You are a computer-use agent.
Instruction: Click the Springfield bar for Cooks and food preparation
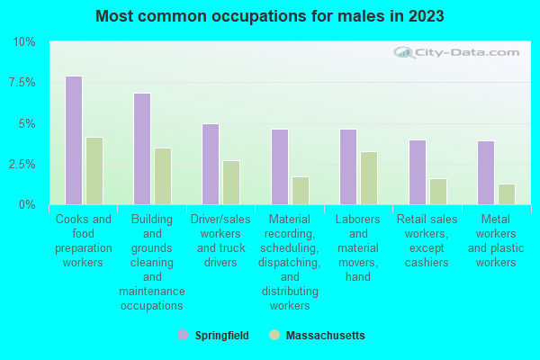74,140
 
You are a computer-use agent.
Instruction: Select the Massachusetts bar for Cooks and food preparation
94,171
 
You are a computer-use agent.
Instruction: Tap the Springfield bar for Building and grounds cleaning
142,148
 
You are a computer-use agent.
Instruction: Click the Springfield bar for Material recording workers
280,166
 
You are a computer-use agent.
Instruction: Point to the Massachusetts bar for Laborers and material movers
369,178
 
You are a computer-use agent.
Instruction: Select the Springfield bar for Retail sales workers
418,172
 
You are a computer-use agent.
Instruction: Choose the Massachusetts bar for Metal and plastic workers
507,194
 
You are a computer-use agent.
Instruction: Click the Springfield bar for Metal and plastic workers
486,173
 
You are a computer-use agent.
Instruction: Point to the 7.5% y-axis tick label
22,83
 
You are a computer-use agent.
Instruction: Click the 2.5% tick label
22,165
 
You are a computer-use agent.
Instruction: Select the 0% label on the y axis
28,205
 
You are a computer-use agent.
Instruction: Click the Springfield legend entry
213,335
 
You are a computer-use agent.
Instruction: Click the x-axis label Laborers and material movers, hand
358,247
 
